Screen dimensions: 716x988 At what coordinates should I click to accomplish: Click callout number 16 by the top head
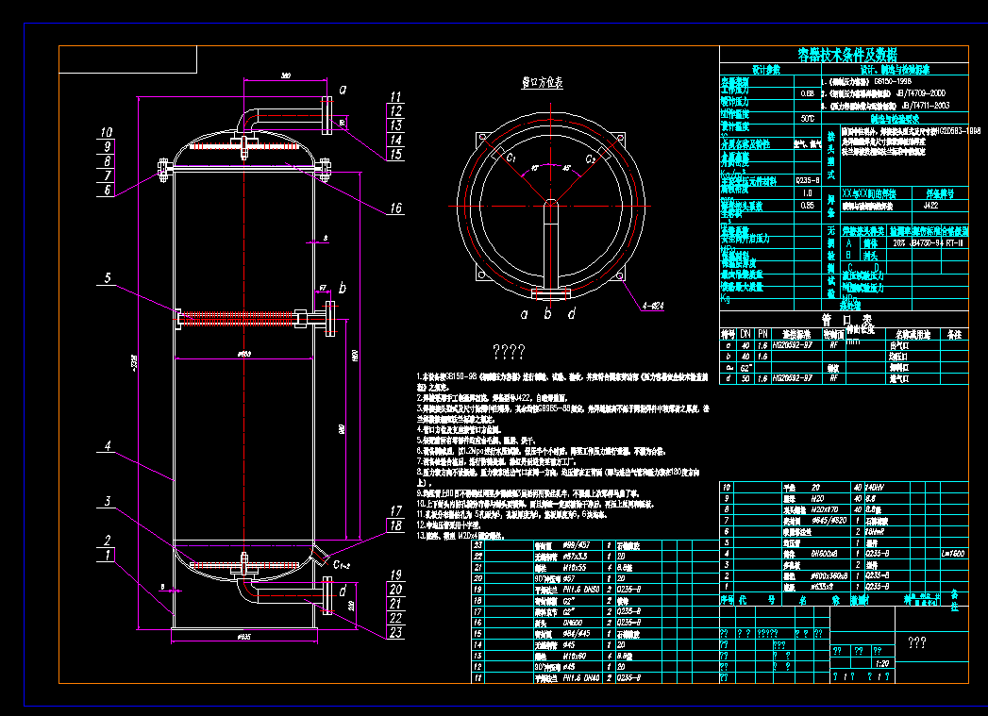click(394, 208)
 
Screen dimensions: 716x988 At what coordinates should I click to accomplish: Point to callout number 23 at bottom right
click(395, 632)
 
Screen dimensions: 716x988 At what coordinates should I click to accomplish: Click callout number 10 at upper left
click(107, 133)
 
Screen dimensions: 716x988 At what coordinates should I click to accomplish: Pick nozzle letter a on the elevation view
click(343, 90)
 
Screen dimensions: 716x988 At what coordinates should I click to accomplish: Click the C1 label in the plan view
click(511, 160)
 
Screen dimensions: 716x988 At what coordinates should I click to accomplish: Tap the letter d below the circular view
click(572, 312)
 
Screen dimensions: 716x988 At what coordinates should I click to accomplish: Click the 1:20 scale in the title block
click(882, 663)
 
